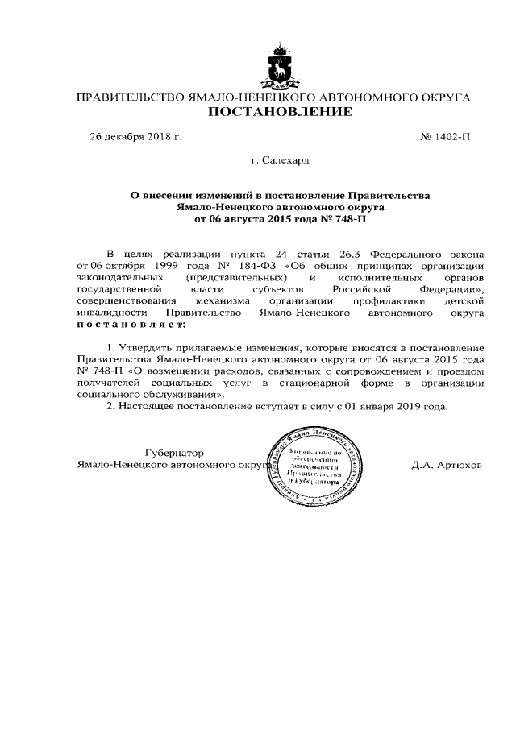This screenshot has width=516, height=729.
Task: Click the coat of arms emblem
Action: coord(281,64)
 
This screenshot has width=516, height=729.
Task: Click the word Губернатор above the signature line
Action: coord(175,453)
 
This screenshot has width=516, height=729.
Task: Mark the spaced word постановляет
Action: coord(131,324)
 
